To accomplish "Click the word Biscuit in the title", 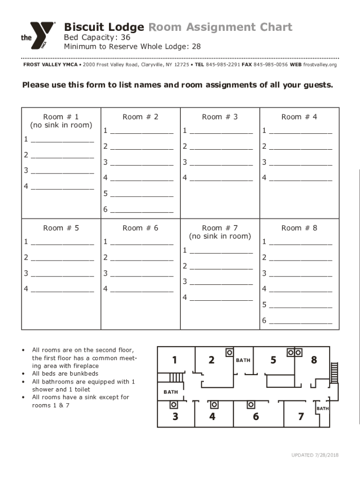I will [80, 27].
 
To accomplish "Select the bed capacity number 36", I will [124, 37].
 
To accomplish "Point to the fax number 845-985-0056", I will [271, 65].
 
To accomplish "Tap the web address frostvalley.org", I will [320, 65].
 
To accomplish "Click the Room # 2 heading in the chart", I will [140, 117].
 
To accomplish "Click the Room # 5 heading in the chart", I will [61, 228].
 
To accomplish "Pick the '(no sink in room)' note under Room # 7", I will [220, 236].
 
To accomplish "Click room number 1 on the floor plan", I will [174, 360].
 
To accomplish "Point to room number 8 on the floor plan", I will [314, 360].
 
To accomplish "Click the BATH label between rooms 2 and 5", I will [243, 360].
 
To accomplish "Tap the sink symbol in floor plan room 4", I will [214, 404].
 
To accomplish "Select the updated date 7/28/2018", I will [325, 455].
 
